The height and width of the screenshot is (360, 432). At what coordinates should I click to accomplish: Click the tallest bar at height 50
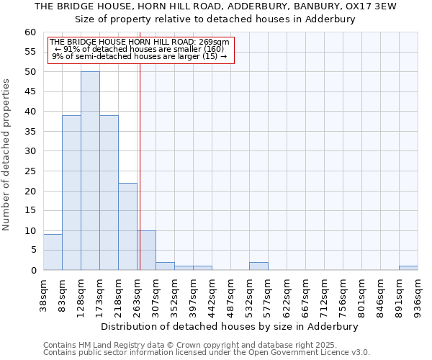point(90,171)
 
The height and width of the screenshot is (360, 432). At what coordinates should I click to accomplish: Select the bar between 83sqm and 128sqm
point(71,192)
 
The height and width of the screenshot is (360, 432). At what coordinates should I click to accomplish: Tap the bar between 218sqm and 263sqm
point(127,226)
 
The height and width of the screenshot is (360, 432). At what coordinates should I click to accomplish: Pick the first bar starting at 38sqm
point(53,252)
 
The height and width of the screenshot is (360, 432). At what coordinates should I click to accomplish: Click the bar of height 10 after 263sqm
point(147,250)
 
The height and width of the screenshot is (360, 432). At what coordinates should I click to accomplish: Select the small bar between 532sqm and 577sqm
point(258,266)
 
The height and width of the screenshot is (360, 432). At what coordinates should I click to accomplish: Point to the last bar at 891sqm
point(408,268)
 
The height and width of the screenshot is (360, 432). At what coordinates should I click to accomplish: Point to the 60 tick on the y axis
point(30,32)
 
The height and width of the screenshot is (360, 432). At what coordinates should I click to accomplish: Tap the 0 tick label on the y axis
point(33,271)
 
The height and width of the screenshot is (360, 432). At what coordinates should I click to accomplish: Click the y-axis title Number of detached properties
point(7,155)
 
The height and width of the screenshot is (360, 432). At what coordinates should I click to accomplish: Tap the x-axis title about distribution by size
point(229,326)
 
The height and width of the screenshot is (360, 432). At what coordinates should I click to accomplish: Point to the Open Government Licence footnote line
point(206,353)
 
